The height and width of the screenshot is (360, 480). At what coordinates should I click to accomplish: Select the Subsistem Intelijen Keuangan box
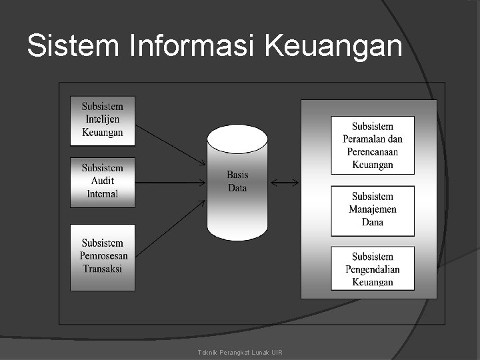click(103, 120)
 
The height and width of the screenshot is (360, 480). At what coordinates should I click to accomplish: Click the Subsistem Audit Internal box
click(103, 181)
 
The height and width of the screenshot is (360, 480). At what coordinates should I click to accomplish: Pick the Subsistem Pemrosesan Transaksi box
click(103, 257)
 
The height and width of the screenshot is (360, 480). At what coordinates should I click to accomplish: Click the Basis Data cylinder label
click(237, 181)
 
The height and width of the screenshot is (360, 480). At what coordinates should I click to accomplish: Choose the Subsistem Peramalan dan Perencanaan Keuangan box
click(373, 145)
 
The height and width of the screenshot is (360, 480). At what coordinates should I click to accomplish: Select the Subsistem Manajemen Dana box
click(373, 210)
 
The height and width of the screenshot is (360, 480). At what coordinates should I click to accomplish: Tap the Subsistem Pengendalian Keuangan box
click(373, 268)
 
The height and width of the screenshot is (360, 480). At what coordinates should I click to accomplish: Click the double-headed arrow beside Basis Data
click(285, 182)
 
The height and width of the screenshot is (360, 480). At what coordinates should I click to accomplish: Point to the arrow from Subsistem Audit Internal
click(171, 181)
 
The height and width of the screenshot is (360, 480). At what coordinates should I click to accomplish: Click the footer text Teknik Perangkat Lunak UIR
click(240, 351)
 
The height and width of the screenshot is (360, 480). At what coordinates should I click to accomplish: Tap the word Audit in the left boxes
click(103, 181)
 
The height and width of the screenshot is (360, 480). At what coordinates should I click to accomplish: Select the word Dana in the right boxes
click(373, 222)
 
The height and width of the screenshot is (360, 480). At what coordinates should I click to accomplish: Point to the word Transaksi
click(103, 269)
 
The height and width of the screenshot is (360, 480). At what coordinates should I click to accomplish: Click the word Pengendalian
click(373, 269)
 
